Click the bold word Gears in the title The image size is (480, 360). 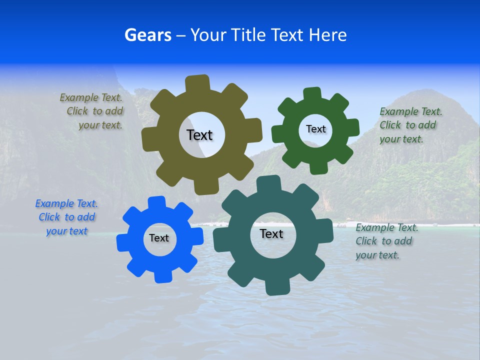[x=147, y=35]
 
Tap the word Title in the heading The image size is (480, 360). [x=249, y=35]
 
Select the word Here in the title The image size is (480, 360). [x=327, y=35]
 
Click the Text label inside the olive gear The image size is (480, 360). [x=199, y=135]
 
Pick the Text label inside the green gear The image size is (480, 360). [x=315, y=129]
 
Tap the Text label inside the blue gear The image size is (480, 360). [x=159, y=238]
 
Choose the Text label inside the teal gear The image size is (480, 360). [x=271, y=233]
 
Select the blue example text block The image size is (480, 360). [x=66, y=217]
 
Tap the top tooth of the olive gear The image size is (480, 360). [x=197, y=83]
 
